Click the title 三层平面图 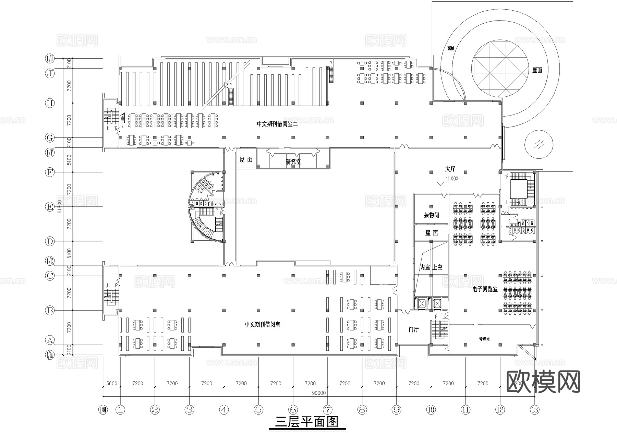click(x=307, y=422)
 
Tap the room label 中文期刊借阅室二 click(x=277, y=124)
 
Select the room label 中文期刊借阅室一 click(x=265, y=324)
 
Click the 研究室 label click(x=293, y=162)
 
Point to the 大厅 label click(x=450, y=169)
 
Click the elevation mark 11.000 click(x=451, y=179)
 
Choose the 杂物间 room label click(x=431, y=215)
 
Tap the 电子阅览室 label click(x=485, y=289)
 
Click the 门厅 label click(x=414, y=330)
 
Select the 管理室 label click(x=484, y=339)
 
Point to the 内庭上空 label click(x=431, y=267)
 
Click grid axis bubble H click(x=50, y=103)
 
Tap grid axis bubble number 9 click(x=397, y=409)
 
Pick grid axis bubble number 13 click(x=534, y=409)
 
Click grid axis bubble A click(x=50, y=340)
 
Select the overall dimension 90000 click(x=319, y=393)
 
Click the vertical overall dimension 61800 click(x=60, y=207)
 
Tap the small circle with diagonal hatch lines click(x=539, y=144)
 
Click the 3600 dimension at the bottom click(x=112, y=383)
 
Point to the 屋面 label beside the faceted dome click(x=537, y=70)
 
